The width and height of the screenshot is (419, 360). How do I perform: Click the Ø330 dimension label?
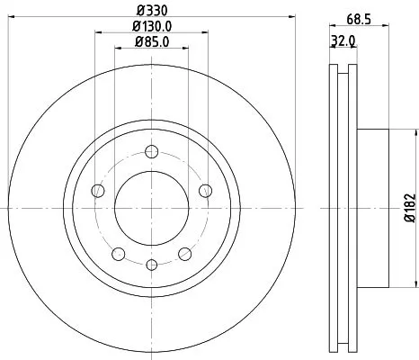pyautogui.click(x=150, y=12)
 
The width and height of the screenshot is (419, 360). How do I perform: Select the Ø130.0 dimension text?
pyautogui.click(x=151, y=27)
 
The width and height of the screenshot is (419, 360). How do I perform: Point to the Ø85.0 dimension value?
pyautogui.click(x=151, y=41)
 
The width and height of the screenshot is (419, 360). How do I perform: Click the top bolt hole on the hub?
pyautogui.click(x=151, y=151)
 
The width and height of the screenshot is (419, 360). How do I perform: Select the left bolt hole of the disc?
pyautogui.click(x=97, y=189)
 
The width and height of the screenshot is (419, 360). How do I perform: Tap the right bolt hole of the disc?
pyautogui.click(x=205, y=189)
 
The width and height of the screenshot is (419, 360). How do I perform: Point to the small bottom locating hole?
pyautogui.click(x=151, y=264)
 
